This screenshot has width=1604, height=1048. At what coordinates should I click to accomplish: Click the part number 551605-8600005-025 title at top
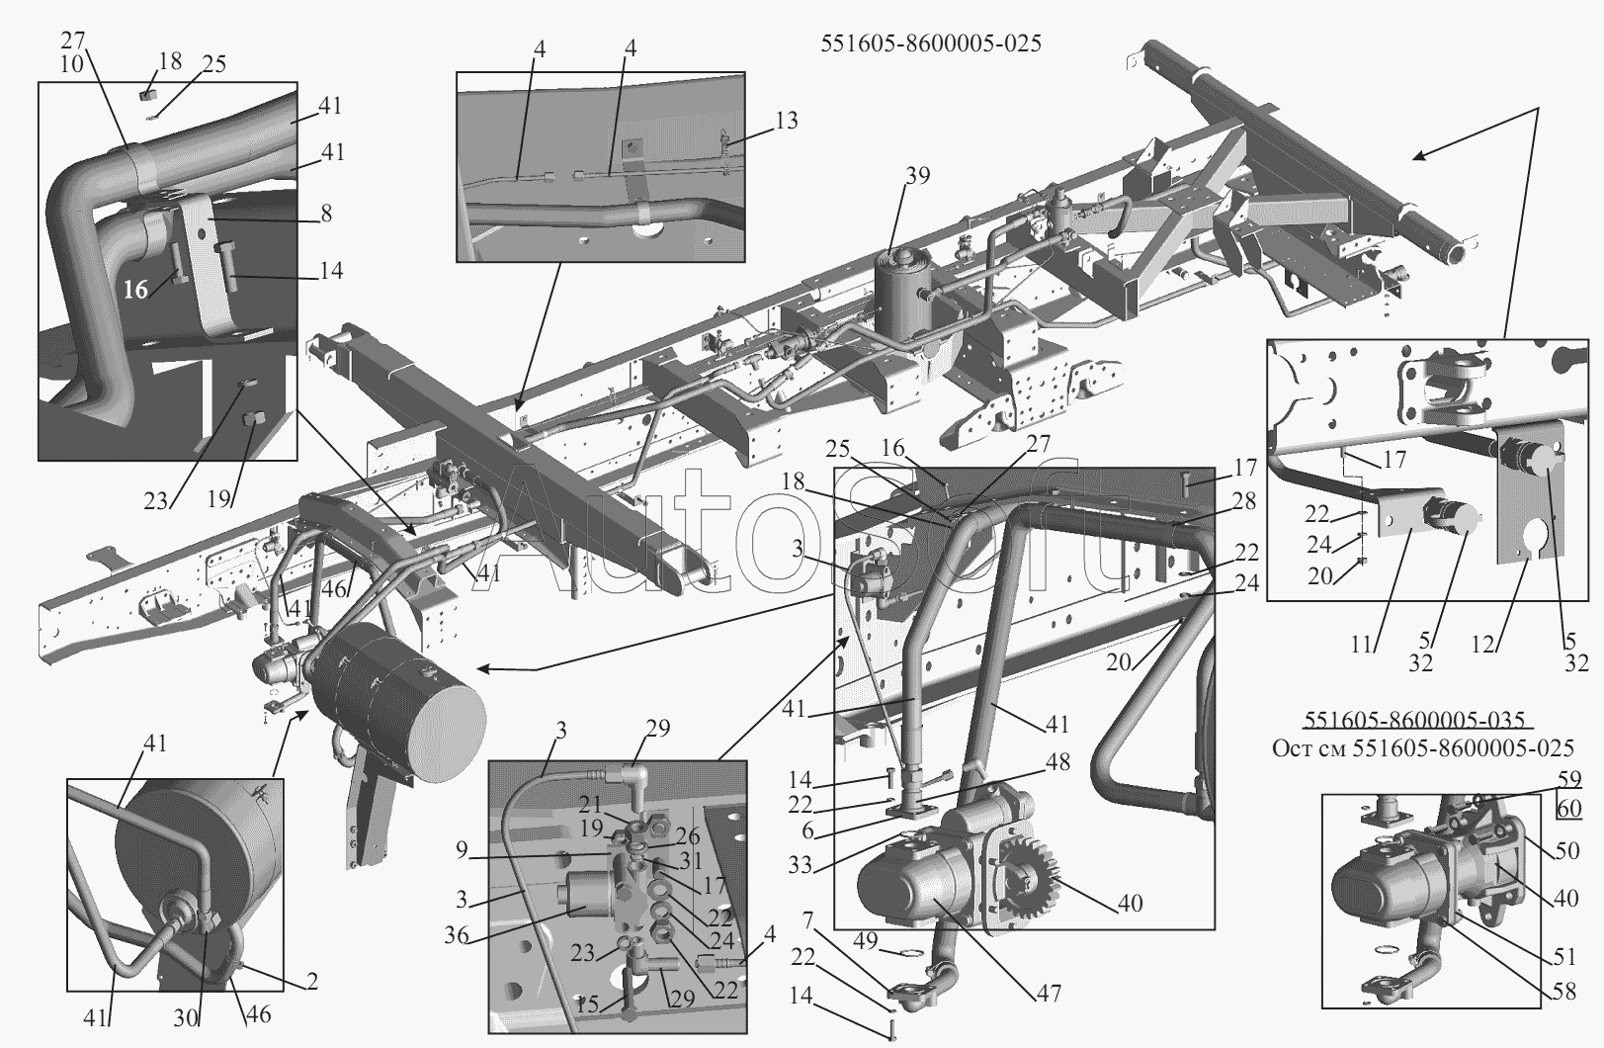click(x=931, y=44)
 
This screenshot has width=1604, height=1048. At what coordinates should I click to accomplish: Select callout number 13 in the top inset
click(x=787, y=121)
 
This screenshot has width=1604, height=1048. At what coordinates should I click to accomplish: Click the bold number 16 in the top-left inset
click(x=135, y=290)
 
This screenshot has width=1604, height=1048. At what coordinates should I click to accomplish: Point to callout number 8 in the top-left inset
click(x=326, y=214)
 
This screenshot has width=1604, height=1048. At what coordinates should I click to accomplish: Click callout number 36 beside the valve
click(x=457, y=935)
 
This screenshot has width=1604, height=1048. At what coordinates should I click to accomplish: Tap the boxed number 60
click(x=1568, y=809)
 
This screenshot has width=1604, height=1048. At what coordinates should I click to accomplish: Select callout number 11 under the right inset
click(x=1361, y=645)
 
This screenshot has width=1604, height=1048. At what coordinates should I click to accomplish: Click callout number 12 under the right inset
click(x=1482, y=645)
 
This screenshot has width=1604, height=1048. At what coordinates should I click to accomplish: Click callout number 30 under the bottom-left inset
click(x=186, y=1018)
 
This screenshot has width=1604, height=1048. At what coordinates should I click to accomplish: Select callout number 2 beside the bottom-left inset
click(x=311, y=982)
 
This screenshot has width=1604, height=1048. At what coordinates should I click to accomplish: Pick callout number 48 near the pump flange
click(x=1056, y=762)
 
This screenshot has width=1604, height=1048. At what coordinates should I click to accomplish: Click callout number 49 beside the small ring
click(x=866, y=940)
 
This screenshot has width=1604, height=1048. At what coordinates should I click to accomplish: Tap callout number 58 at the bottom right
click(x=1564, y=992)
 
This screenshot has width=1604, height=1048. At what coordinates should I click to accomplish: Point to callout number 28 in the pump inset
click(x=1244, y=501)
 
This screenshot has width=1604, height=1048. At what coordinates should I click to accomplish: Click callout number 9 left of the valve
click(x=462, y=850)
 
